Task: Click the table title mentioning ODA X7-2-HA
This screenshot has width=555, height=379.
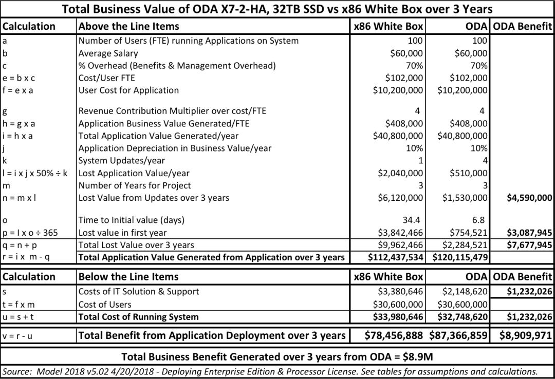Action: (277, 9)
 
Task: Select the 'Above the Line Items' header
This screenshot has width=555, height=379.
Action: (129, 26)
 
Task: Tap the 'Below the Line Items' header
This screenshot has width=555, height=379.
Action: (128, 277)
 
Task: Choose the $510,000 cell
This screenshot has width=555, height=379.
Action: (468, 173)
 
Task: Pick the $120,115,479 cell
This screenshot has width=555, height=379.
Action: (460, 256)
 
